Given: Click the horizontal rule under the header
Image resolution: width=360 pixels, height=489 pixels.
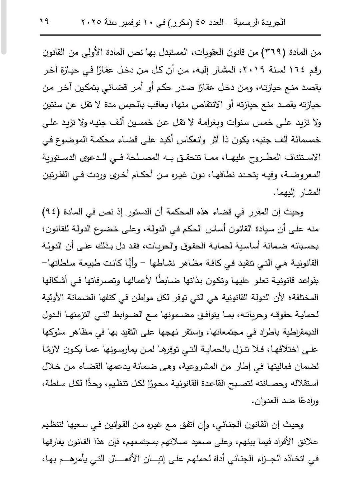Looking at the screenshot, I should point(180,35).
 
